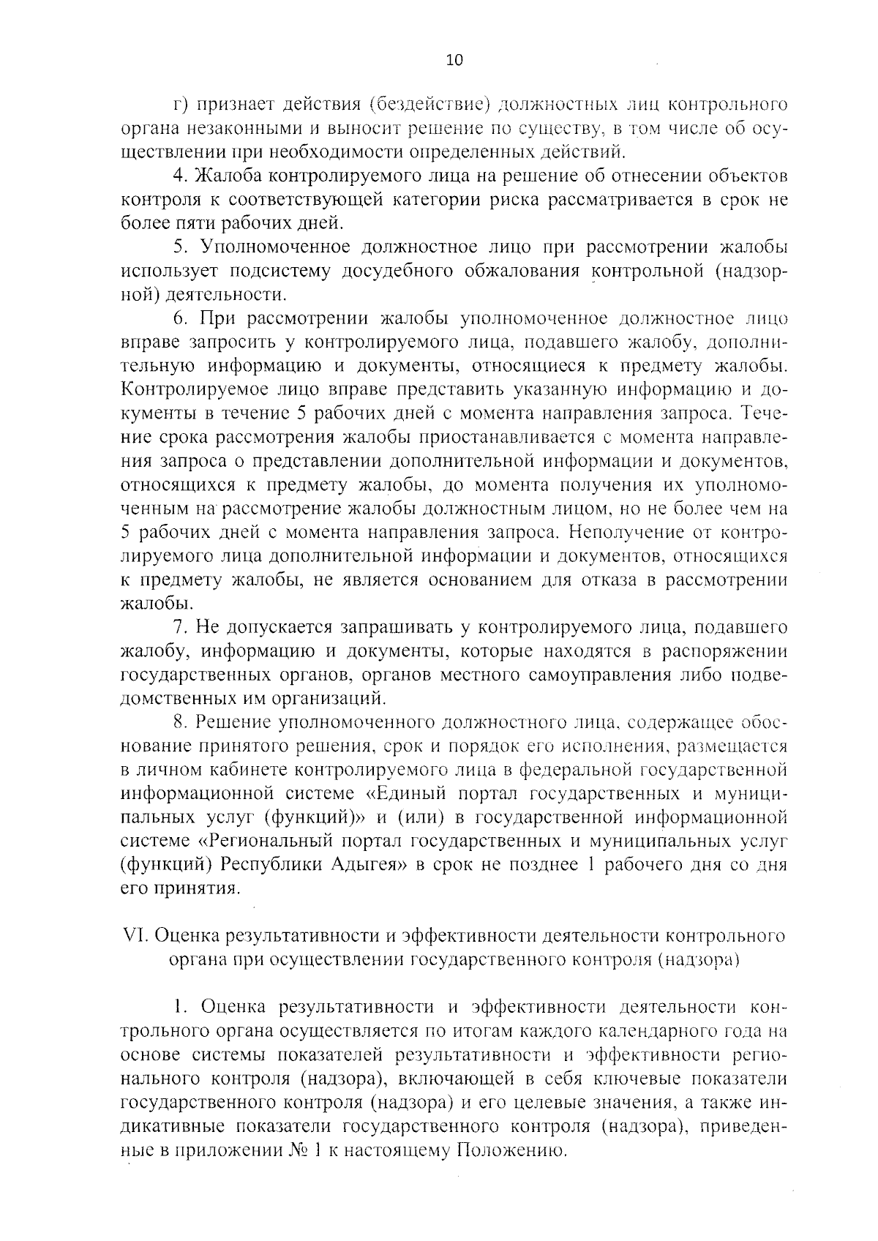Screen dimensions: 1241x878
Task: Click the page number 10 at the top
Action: click(x=454, y=61)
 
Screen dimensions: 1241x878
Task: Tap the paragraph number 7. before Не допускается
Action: click(x=179, y=627)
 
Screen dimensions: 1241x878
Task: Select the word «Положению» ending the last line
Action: click(x=511, y=1151)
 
